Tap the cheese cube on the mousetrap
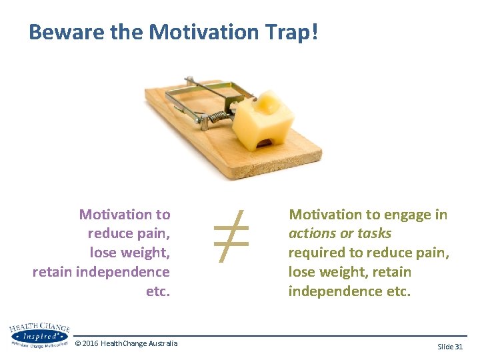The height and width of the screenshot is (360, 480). pyautogui.click(x=263, y=119)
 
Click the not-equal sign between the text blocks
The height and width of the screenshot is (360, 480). pyautogui.click(x=231, y=233)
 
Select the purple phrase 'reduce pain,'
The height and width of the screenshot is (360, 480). pyautogui.click(x=129, y=234)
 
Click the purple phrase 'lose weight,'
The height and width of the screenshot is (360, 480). pyautogui.click(x=130, y=253)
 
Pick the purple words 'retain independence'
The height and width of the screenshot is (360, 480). pyautogui.click(x=101, y=272)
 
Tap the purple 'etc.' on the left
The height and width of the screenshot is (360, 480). pyautogui.click(x=158, y=291)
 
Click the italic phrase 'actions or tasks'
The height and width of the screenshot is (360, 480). pyautogui.click(x=339, y=234)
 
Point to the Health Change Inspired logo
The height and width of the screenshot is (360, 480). pyautogui.click(x=38, y=335)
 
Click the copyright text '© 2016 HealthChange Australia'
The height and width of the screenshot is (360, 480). pyautogui.click(x=126, y=343)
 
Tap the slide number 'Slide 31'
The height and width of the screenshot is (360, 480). pyautogui.click(x=449, y=347)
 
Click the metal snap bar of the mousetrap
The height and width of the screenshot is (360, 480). pyautogui.click(x=200, y=93)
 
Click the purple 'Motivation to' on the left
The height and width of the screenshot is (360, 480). pyautogui.click(x=125, y=215)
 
